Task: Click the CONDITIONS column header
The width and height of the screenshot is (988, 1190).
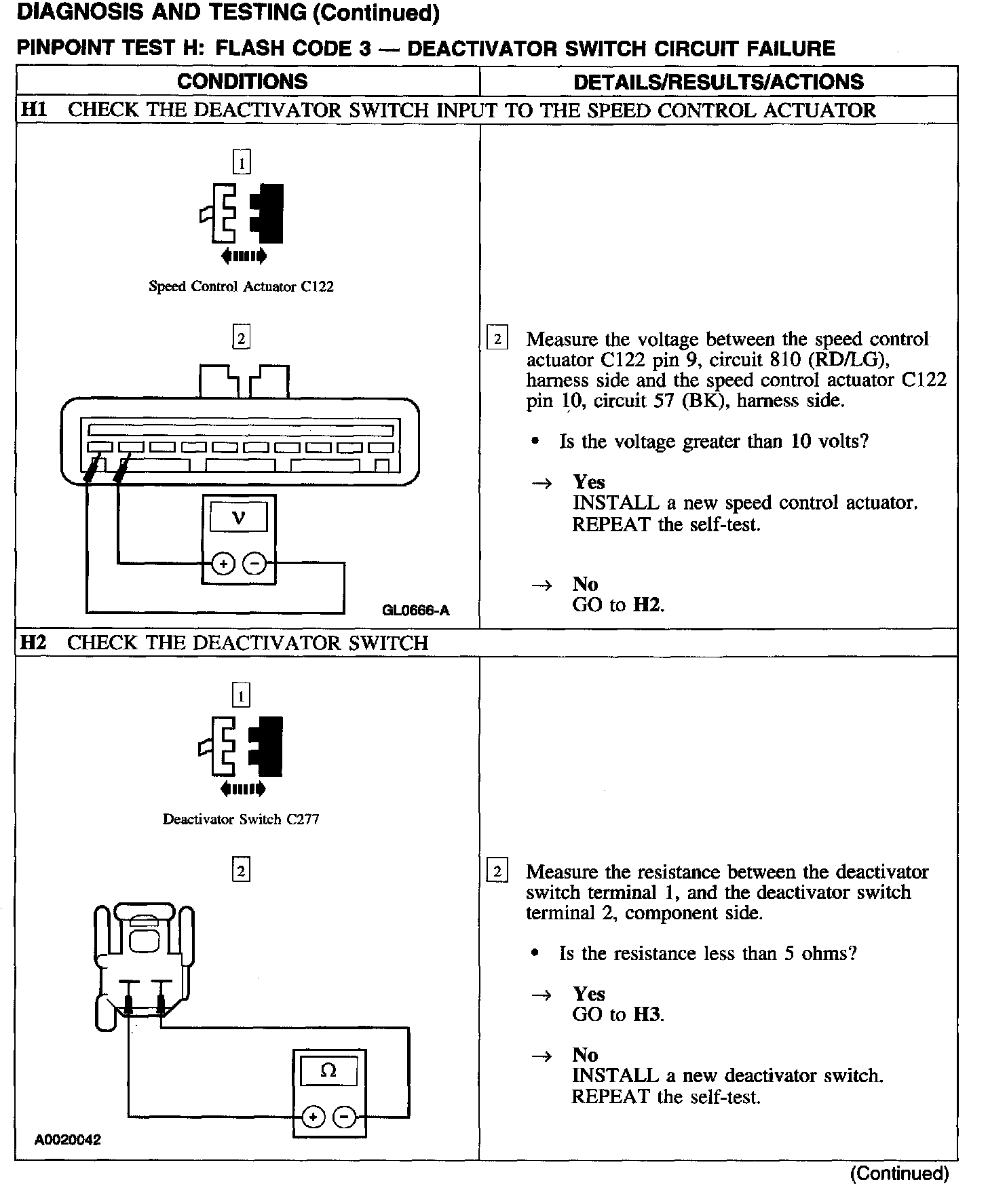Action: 242,81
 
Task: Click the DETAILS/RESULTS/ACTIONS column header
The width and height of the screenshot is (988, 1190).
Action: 718,82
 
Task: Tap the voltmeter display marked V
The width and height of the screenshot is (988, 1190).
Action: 238,518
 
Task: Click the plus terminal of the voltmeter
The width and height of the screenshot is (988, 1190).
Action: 223,563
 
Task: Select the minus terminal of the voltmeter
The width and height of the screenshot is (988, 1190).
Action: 254,563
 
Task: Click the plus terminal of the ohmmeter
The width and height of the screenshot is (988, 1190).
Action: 313,1116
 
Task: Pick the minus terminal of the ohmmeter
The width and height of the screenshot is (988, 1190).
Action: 345,1116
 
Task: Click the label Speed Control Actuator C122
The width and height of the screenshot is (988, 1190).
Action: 241,286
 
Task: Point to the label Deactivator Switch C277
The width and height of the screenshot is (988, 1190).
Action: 241,819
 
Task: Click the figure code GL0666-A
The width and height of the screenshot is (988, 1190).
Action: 415,610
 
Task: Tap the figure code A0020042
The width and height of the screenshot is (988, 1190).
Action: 68,1140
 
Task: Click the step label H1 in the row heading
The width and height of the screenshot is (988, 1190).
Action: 35,110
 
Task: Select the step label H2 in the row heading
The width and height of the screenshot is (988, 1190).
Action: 34,642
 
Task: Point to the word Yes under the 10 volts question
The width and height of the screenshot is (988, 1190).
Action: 588,482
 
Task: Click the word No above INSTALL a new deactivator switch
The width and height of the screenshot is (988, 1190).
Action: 585,1054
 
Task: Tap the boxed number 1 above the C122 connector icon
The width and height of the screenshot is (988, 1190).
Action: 241,163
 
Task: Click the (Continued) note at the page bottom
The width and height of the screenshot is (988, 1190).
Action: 898,1173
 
